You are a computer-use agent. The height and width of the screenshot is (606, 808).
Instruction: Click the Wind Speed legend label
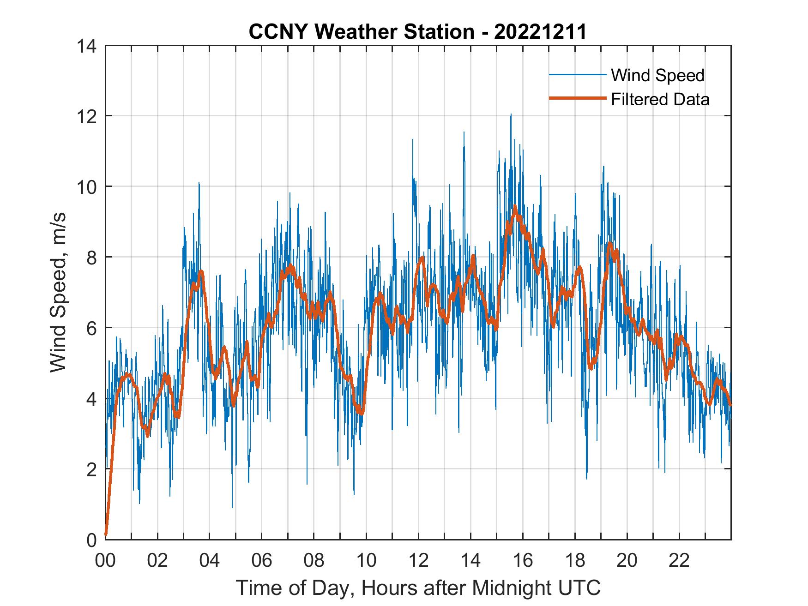tap(657, 75)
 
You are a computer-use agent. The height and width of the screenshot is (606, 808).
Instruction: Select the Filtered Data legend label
tap(660, 99)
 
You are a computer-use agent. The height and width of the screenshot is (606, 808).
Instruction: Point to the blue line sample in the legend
tap(577, 75)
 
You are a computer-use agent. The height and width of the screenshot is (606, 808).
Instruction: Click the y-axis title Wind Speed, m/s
tap(59, 292)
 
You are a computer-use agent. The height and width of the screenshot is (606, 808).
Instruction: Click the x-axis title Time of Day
tap(418, 588)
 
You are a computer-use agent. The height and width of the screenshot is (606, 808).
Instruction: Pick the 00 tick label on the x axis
tap(105, 561)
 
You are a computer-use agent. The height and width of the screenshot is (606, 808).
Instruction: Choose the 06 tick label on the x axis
tap(262, 561)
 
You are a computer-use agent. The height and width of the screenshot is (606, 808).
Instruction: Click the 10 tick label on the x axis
tap(366, 561)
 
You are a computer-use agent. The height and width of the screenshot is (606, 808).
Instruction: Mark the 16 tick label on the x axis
tap(523, 561)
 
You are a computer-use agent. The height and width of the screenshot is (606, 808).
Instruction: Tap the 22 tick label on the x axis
tap(679, 561)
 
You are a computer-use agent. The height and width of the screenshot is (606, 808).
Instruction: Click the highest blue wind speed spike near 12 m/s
tap(511, 115)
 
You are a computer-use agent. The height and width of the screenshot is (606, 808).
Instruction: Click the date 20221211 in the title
tap(540, 32)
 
